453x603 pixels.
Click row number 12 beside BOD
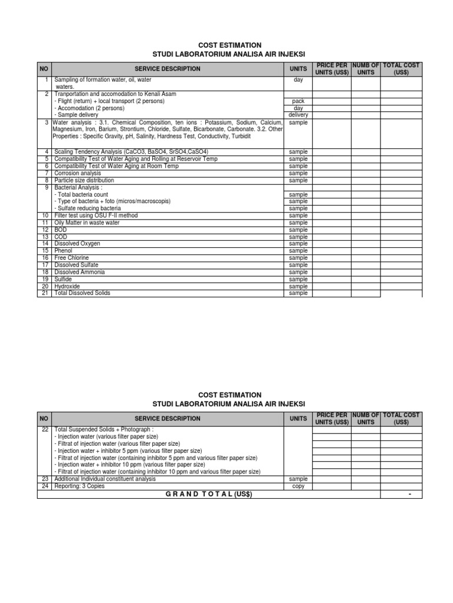(x=45, y=230)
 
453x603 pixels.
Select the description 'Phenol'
(x=63, y=251)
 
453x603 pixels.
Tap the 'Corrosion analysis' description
(x=77, y=173)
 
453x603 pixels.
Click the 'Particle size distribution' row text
(x=84, y=180)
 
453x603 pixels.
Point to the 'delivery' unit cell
(x=298, y=115)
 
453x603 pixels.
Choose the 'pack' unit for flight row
(x=298, y=101)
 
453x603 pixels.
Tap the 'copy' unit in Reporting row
(x=298, y=486)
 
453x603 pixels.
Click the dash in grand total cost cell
(x=409, y=494)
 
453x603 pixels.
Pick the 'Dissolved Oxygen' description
(x=77, y=244)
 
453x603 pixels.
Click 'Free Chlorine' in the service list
(x=72, y=258)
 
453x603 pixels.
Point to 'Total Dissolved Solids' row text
(x=82, y=293)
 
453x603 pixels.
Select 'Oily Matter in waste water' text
(x=87, y=223)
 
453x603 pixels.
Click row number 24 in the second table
(x=45, y=486)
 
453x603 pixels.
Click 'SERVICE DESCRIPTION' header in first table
(x=168, y=69)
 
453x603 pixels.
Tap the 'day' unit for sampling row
(x=298, y=79)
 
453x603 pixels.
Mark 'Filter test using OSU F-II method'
(x=96, y=216)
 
